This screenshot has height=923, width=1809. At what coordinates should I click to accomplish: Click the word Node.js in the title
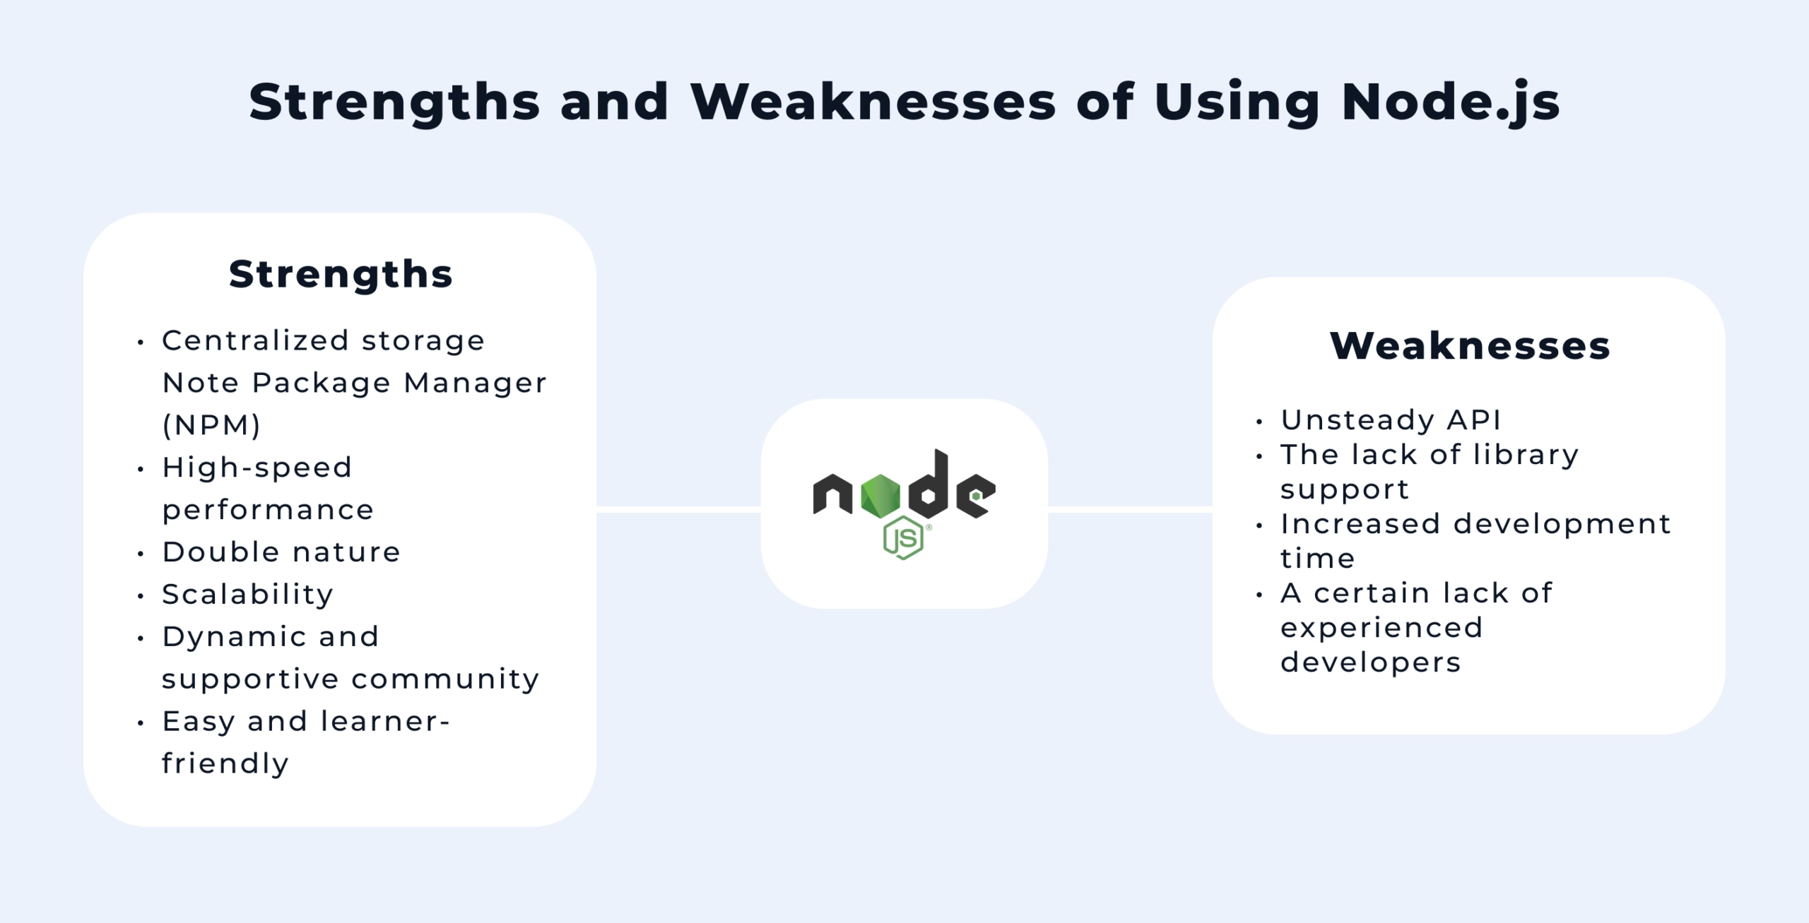click(1450, 103)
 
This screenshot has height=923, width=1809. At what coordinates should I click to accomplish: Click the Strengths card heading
click(341, 274)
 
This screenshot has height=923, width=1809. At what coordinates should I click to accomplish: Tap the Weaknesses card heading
click(1470, 346)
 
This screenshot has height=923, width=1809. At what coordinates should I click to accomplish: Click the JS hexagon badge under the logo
click(903, 538)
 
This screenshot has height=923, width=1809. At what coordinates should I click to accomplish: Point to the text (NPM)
click(212, 425)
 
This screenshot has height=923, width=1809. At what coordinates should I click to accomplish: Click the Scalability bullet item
click(247, 595)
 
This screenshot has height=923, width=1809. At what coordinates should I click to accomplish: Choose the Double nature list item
click(281, 552)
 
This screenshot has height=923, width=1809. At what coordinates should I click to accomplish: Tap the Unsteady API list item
click(1391, 420)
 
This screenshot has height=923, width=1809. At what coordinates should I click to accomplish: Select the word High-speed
click(257, 468)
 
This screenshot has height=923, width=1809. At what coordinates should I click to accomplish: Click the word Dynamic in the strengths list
click(232, 637)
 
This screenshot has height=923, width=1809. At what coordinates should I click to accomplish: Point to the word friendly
click(225, 764)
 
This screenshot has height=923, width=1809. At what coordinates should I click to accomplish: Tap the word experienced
click(1381, 628)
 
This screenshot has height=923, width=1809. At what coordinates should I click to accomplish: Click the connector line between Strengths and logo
click(678, 508)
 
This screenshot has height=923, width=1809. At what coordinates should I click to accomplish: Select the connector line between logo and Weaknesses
click(1130, 508)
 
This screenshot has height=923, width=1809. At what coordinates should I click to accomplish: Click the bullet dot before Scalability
click(141, 597)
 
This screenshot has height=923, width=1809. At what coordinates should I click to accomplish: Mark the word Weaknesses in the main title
click(873, 103)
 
